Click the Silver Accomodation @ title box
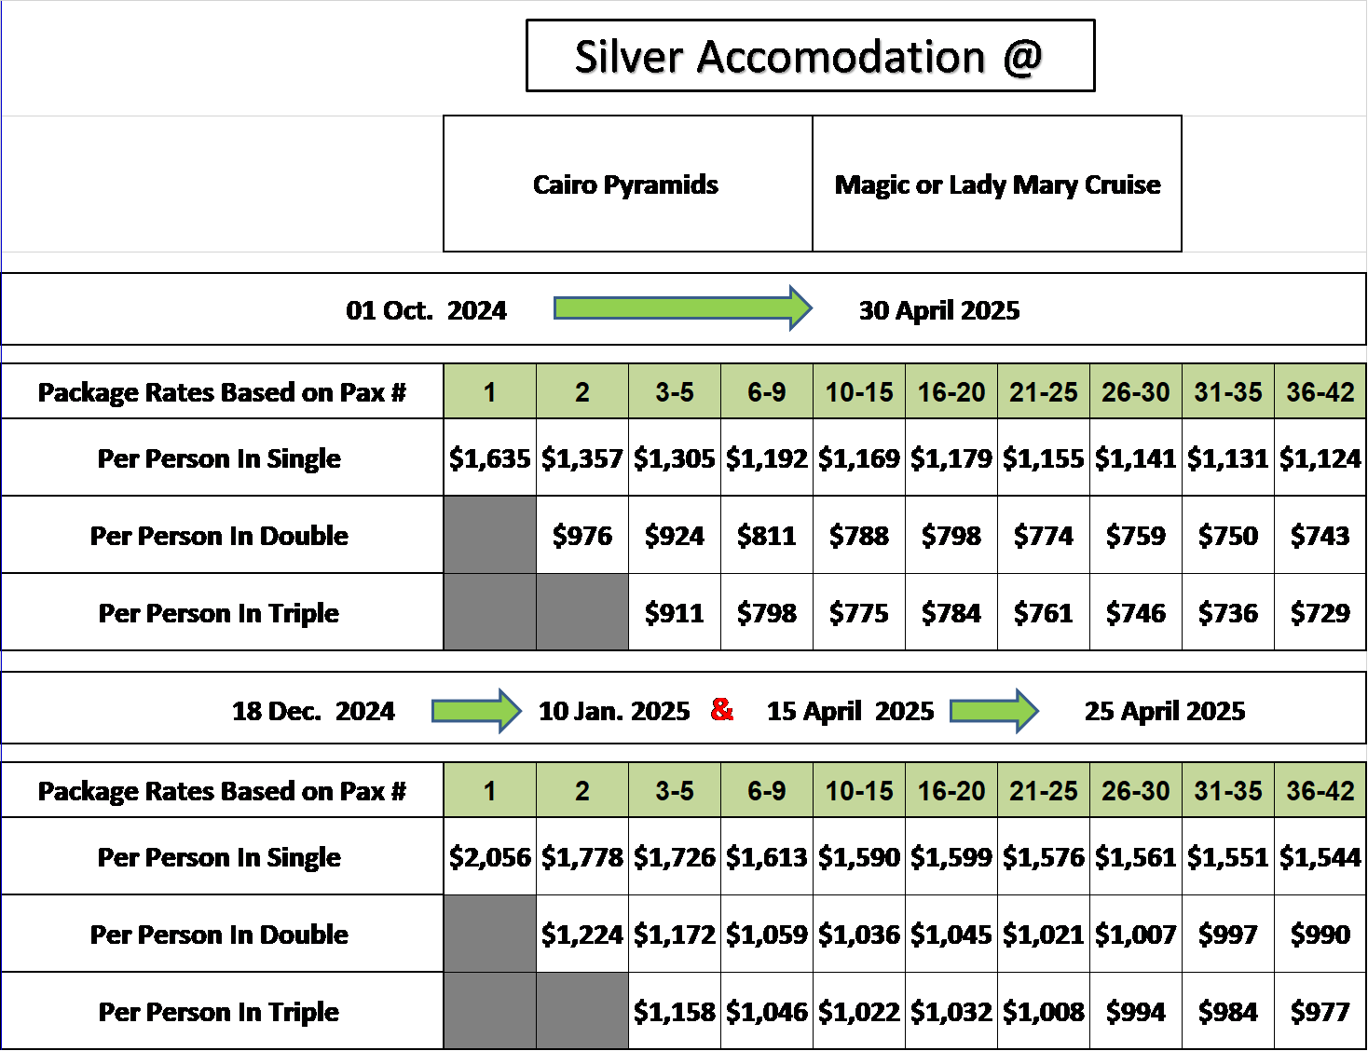[810, 55]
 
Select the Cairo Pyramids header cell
[628, 184]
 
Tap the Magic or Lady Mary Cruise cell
[997, 184]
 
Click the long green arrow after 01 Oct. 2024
[683, 308]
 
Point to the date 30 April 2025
[939, 310]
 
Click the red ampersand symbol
[722, 709]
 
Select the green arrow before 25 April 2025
[994, 711]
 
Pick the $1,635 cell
[490, 457]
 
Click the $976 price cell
[582, 535]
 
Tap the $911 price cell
[675, 612]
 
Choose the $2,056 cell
[490, 856]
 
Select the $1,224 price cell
[582, 934]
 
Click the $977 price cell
[1320, 1011]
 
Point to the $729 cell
[1320, 612]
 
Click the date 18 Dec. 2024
[313, 711]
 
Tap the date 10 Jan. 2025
[614, 711]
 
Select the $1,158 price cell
[675, 1011]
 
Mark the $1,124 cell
[1320, 457]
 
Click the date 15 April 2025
[851, 711]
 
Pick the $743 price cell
[1320, 535]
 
